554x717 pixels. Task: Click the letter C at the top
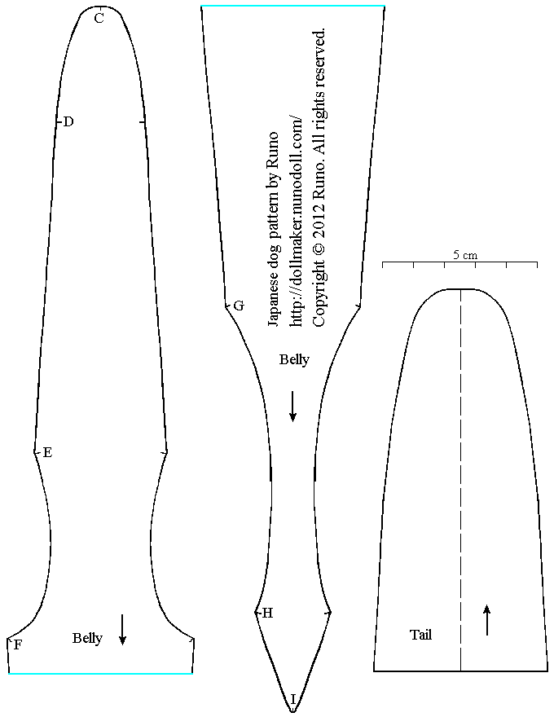(99, 18)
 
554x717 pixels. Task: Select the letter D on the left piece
(68, 122)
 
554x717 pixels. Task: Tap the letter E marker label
(47, 453)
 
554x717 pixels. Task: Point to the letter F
(17, 645)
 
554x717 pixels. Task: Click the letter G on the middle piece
(238, 306)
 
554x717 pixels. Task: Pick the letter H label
(267, 614)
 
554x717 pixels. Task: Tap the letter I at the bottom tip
(293, 698)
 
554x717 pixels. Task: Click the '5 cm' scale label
(465, 255)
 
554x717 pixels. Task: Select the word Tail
(420, 635)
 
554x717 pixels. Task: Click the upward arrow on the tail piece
(487, 619)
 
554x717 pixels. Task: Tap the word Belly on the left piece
(87, 638)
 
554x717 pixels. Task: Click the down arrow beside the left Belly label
(122, 629)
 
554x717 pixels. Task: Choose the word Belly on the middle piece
(294, 359)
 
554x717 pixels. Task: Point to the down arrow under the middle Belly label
(293, 405)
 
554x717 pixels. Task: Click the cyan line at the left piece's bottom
(100, 674)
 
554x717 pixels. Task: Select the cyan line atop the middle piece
(292, 6)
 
